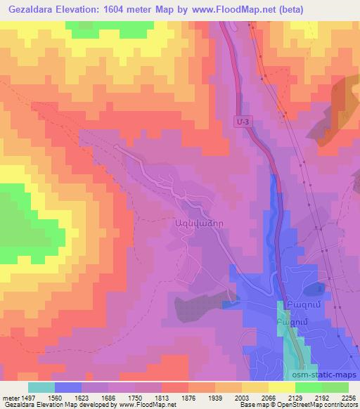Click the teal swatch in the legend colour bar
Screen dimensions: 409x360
click(x=41, y=387)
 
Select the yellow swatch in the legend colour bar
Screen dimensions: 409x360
click(x=282, y=387)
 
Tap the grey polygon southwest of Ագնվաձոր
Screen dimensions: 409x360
click(x=191, y=306)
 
